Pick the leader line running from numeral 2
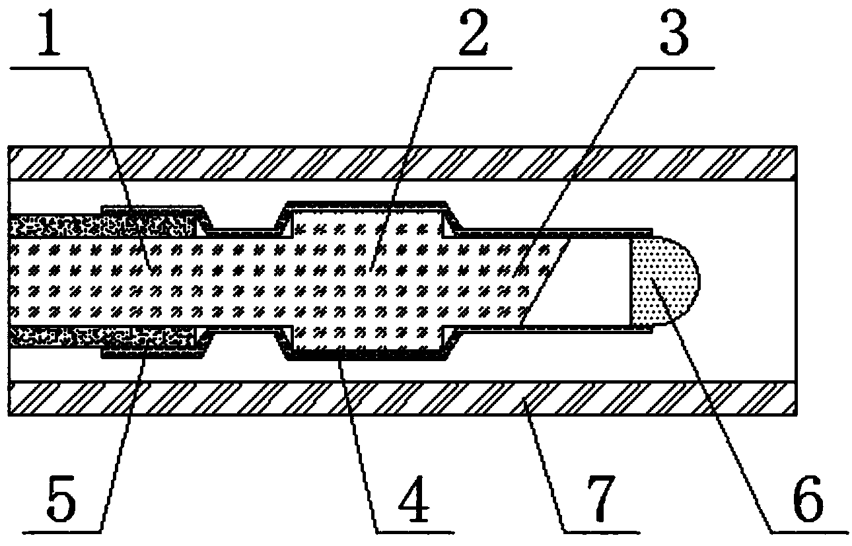(403, 165)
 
